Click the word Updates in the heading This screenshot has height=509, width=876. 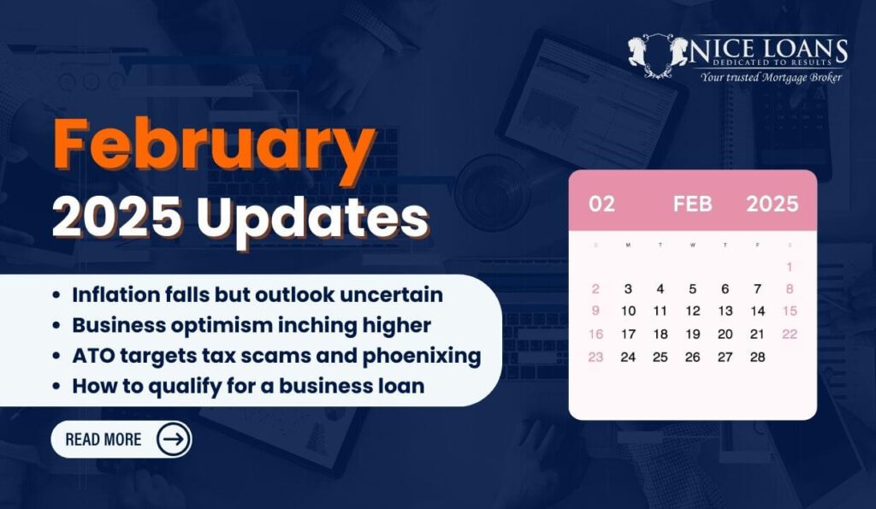(312, 218)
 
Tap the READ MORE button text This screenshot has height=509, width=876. (104, 440)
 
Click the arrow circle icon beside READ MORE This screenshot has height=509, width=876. (173, 440)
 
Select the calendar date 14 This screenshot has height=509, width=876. (758, 311)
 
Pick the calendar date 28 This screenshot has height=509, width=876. (758, 357)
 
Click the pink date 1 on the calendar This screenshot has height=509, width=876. (790, 267)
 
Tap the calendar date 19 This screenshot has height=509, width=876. (693, 334)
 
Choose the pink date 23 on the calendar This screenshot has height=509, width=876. (595, 357)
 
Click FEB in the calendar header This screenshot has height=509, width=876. (693, 204)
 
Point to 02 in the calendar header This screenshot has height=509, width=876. (601, 204)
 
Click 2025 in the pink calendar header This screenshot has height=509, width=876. (772, 204)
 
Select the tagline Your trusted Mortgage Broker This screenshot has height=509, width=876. (771, 77)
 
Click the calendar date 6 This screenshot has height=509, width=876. (725, 289)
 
